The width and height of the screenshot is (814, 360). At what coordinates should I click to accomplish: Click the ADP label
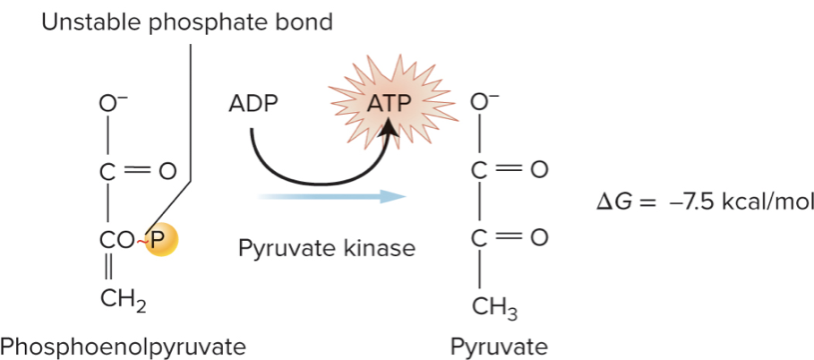coord(253,104)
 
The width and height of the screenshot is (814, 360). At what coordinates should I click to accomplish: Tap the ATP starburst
coord(388,104)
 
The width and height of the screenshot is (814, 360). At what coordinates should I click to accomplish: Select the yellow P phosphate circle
coord(164,239)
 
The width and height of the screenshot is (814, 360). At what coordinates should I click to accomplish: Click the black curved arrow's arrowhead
coord(389,133)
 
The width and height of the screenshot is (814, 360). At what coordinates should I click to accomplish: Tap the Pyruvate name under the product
coord(499,345)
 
